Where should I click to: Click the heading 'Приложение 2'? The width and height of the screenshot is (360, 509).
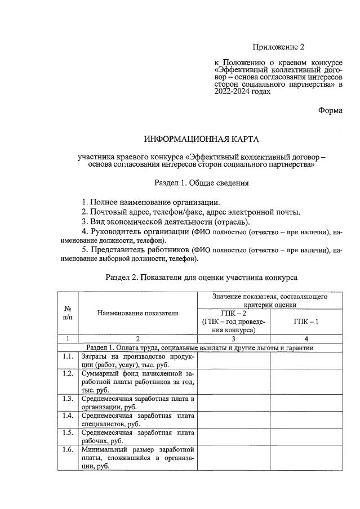click(x=277, y=46)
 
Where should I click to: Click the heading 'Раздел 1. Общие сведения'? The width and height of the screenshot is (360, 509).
click(x=202, y=183)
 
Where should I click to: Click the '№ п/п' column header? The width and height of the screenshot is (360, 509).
click(x=68, y=312)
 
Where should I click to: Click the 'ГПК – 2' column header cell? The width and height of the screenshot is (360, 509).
click(x=233, y=322)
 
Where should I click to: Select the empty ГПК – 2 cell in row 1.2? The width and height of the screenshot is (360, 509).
click(x=233, y=382)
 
